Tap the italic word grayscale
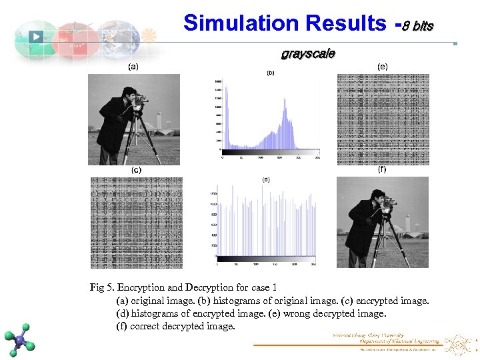(x=308, y=53)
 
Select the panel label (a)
(x=133, y=67)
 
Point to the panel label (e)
(x=382, y=67)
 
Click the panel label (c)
(x=135, y=170)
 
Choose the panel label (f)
(x=382, y=169)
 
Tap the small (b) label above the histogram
(x=271, y=73)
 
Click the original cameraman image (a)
(x=135, y=119)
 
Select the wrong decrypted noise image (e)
(x=382, y=119)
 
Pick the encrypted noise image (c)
(x=136, y=222)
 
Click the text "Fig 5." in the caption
(x=102, y=287)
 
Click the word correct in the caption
(x=146, y=326)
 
